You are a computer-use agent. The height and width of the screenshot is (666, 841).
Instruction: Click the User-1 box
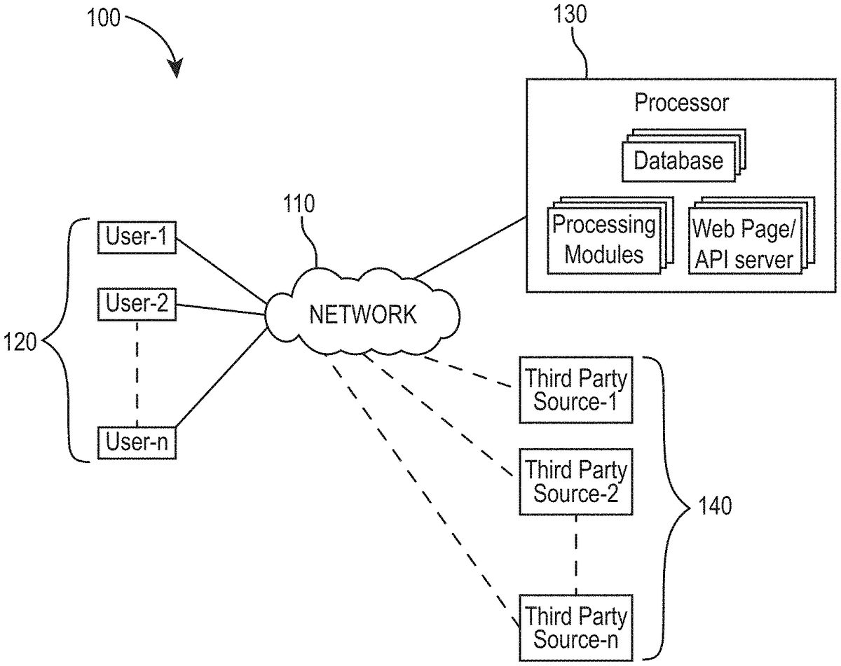tap(137, 237)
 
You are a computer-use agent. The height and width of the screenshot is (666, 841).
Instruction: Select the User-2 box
tap(137, 303)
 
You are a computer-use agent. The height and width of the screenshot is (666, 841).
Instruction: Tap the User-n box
tap(137, 442)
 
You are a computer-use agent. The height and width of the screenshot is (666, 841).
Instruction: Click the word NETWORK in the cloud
tap(362, 314)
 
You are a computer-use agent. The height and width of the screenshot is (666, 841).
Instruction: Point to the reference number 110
tap(299, 204)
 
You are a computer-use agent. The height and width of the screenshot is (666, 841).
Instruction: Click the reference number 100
tap(104, 18)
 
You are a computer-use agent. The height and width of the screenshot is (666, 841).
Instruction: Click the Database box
tap(678, 160)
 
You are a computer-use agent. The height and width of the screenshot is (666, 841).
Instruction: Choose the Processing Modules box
tap(603, 240)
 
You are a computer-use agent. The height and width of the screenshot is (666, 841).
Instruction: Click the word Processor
tap(681, 104)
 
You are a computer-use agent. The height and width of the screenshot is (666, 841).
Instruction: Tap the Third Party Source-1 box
tap(576, 390)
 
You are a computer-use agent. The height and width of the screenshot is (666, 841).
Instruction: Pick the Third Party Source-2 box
tap(576, 481)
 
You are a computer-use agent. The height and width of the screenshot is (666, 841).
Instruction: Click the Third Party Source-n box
tap(576, 627)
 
